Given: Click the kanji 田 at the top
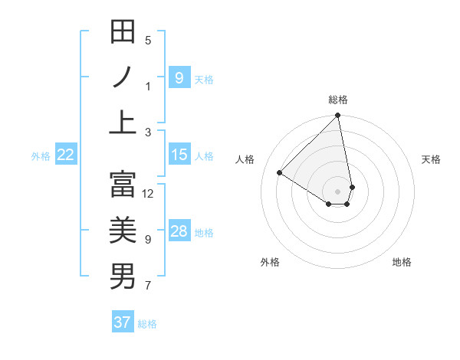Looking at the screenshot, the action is (x=123, y=31).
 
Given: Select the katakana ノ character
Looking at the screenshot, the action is (x=123, y=77).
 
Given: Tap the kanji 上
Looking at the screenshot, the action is (x=123, y=122).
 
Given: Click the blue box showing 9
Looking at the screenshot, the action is (x=179, y=77).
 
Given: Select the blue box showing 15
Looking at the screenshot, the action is (x=179, y=155).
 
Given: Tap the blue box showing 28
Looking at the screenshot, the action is (x=179, y=231).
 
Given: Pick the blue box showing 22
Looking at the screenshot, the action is (x=66, y=155).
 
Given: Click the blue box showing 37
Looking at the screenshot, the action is (x=123, y=322).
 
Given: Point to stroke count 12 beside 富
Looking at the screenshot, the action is (x=148, y=193).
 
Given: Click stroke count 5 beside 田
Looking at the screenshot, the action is (x=148, y=41).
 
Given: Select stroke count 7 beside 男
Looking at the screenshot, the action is (x=148, y=286).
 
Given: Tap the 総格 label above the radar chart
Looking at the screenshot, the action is (x=338, y=100).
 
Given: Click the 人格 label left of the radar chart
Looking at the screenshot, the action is (x=245, y=159).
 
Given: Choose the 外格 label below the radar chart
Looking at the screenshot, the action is (x=270, y=262).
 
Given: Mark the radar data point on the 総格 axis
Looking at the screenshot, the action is (x=338, y=116).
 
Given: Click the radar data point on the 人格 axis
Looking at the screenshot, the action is (x=280, y=173).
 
